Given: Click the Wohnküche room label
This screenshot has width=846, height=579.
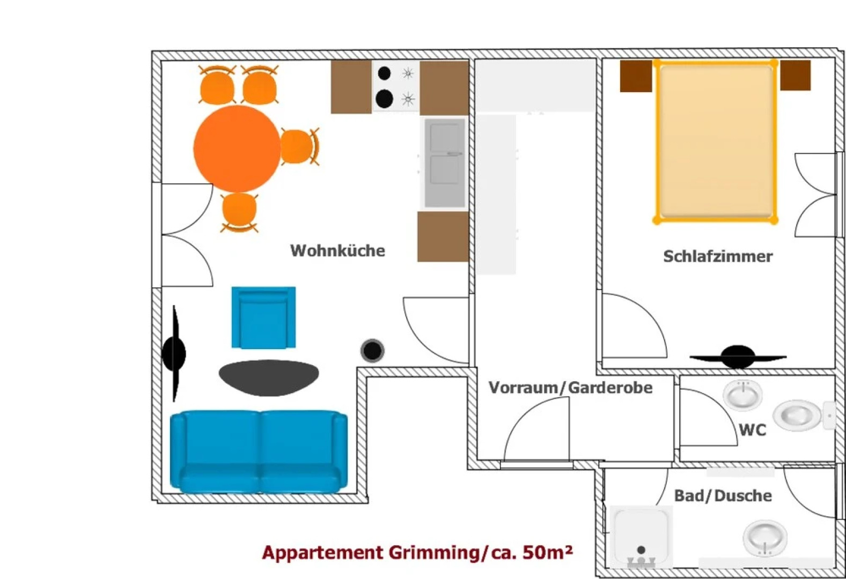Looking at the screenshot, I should click(x=337, y=250).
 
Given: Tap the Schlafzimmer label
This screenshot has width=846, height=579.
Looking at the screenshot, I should click(x=718, y=256).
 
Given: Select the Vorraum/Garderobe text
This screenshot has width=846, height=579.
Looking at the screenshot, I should click(x=570, y=388).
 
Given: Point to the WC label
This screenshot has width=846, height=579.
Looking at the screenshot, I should click(x=752, y=430).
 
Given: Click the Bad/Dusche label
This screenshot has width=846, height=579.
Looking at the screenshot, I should click(x=723, y=496).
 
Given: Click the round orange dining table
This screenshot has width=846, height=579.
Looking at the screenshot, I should click(x=237, y=149).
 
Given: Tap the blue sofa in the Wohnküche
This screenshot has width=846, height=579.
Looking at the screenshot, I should click(x=259, y=451).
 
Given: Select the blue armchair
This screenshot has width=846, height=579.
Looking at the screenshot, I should click(x=263, y=317).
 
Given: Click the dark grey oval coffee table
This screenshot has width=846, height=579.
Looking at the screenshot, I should click(x=269, y=377).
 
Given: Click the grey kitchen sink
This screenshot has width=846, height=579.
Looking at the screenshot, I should click(x=445, y=162).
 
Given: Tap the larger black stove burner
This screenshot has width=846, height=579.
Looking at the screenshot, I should click(x=385, y=99).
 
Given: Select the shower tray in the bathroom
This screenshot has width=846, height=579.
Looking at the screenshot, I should click(x=641, y=537).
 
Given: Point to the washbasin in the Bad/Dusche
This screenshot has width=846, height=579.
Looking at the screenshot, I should click(x=764, y=538).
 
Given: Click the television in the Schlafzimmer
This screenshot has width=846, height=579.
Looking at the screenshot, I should click(x=738, y=357).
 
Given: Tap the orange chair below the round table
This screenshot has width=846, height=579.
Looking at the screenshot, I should click(x=239, y=211).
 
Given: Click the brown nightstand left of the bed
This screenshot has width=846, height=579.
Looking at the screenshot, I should click(x=636, y=76).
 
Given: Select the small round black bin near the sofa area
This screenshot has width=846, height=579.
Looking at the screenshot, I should click(x=372, y=351).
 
